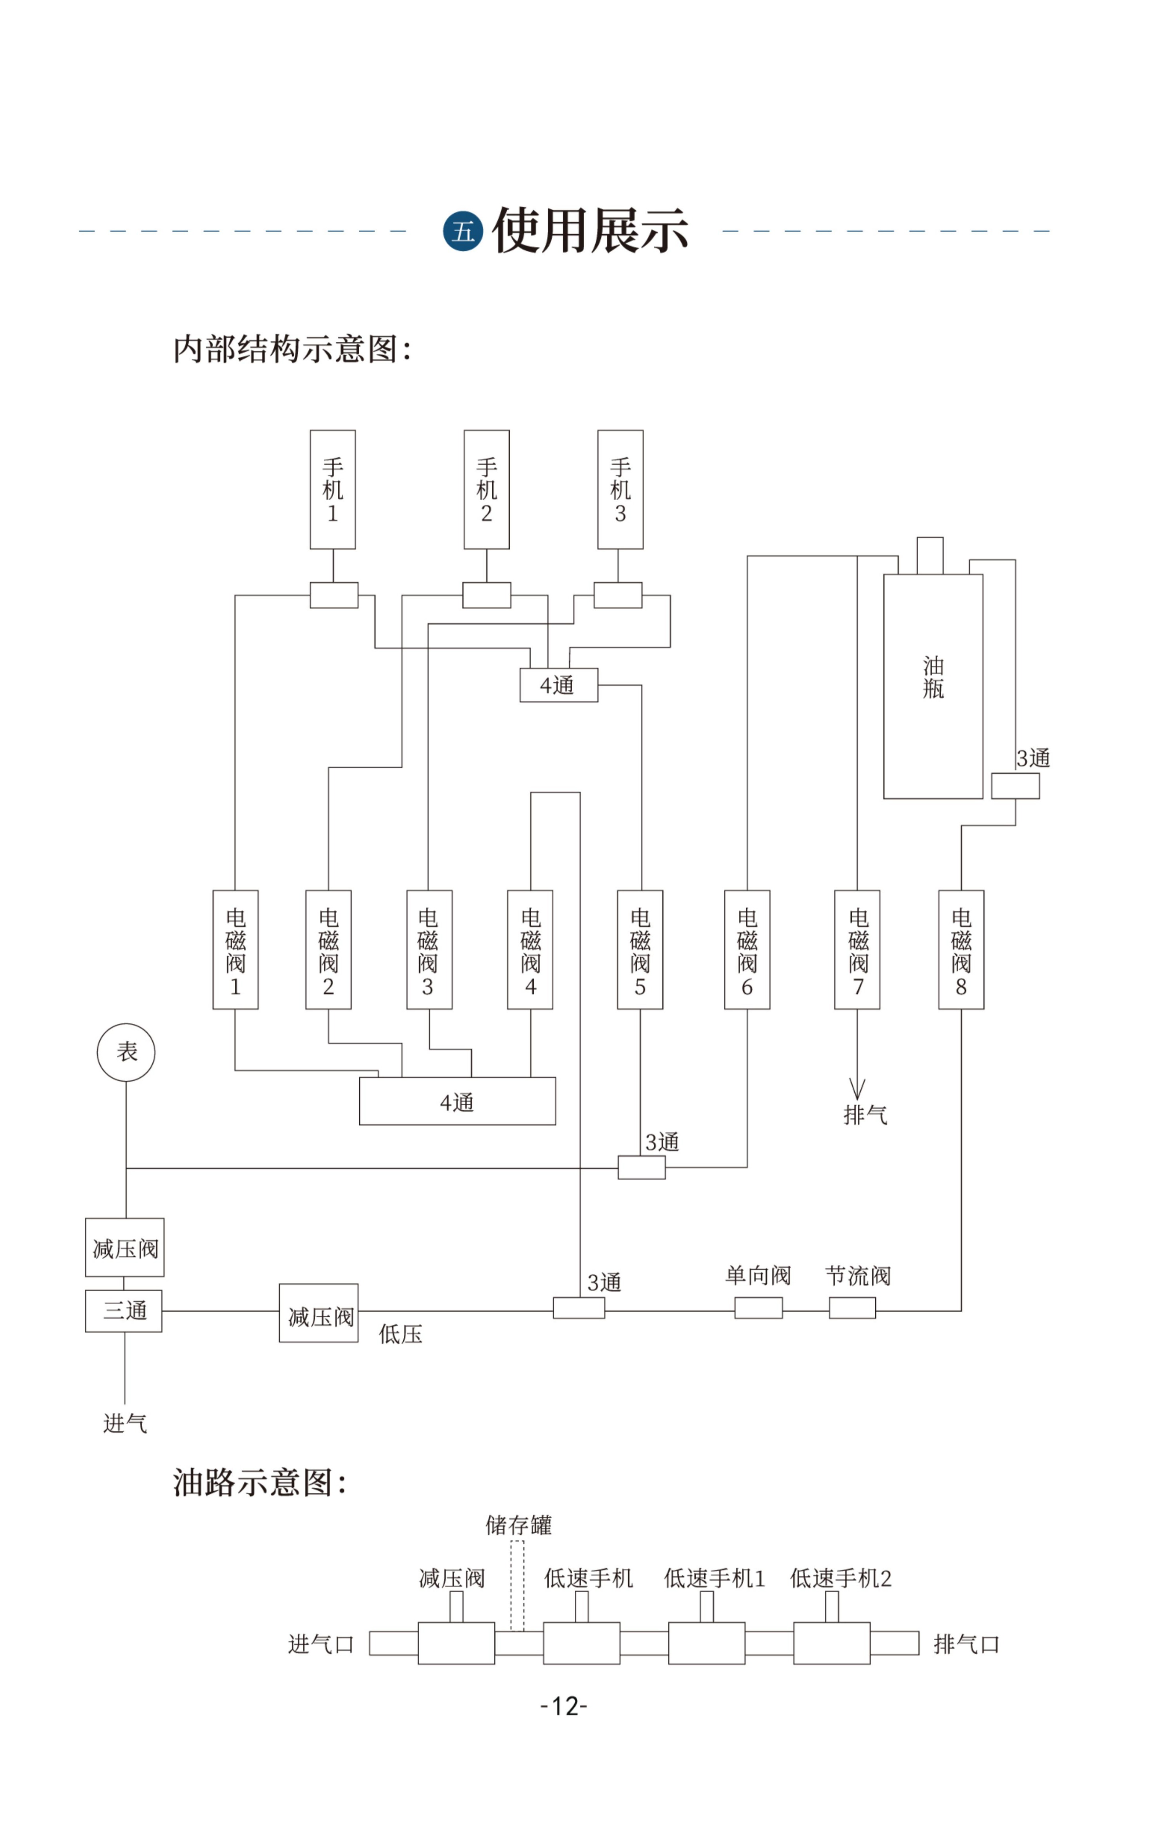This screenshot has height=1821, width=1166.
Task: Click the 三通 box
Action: tap(123, 1311)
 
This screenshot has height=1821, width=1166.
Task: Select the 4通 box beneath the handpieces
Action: tap(559, 685)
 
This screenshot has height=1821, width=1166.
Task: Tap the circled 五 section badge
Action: tap(462, 231)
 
